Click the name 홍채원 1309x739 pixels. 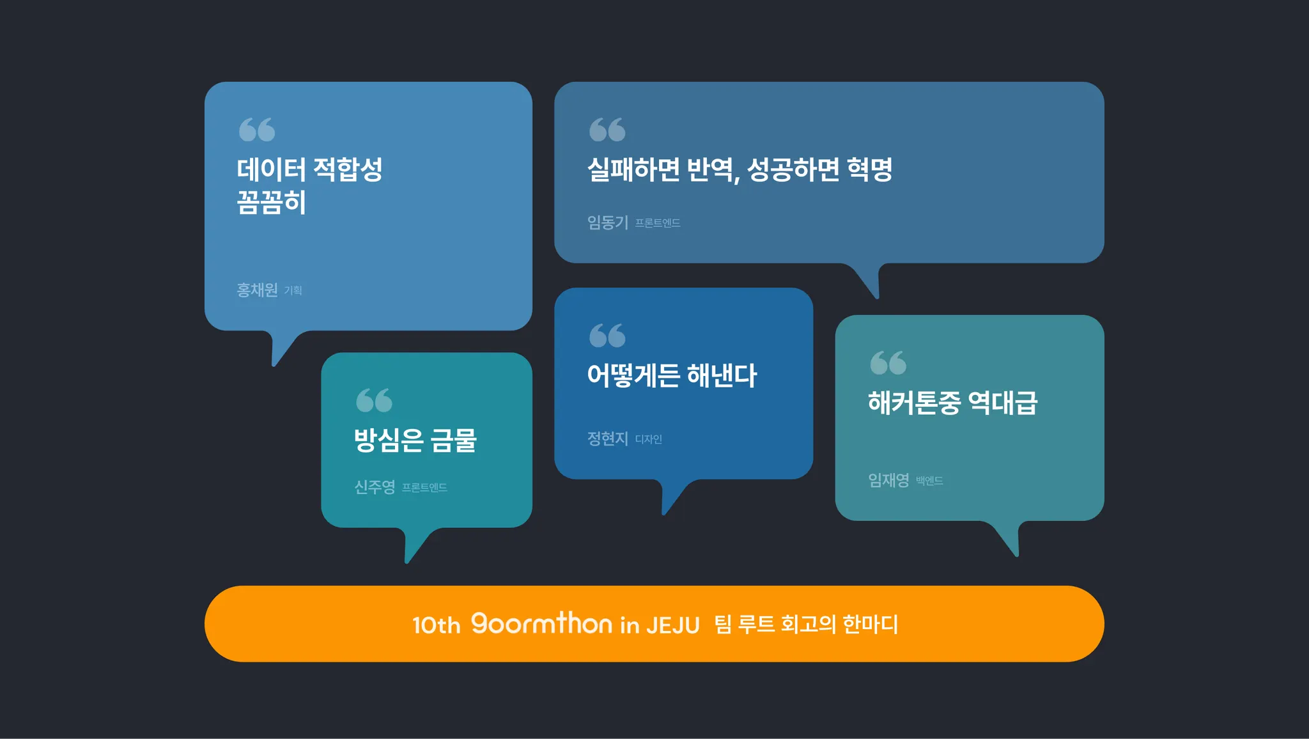point(257,290)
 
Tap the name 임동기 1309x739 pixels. point(608,222)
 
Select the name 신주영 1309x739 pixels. point(375,487)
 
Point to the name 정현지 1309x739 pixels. point(608,439)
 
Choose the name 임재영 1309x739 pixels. point(888,480)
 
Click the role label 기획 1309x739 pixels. point(293,291)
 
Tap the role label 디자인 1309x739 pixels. point(649,440)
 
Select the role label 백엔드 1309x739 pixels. point(929,481)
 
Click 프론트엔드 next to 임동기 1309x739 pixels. point(658,223)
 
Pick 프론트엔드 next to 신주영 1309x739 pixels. point(424,488)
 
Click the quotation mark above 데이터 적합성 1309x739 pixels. point(257,130)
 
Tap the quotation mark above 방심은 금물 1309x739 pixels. point(374,400)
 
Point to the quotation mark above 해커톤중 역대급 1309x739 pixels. point(888,363)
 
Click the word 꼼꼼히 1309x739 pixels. point(272,203)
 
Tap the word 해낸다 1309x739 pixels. point(722,375)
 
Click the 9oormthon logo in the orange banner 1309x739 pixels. point(541,623)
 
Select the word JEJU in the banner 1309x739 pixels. point(673,625)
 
